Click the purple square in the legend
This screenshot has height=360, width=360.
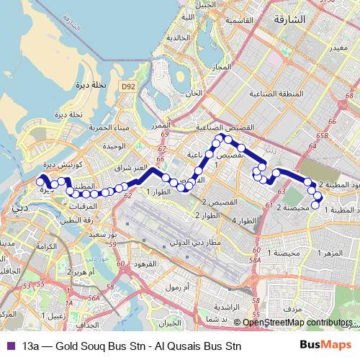(x=9, y=345)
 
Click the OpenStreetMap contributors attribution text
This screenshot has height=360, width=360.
(x=298, y=323)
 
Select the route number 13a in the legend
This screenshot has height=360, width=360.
(x=32, y=345)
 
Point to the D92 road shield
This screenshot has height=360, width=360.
(x=128, y=87)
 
